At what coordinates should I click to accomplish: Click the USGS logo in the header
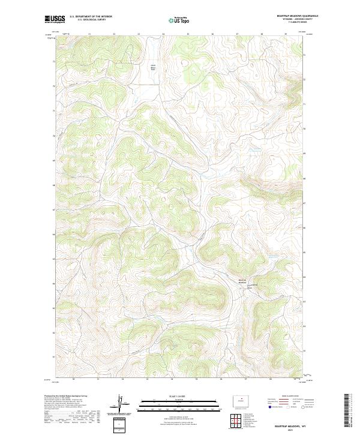[x=55, y=20]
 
